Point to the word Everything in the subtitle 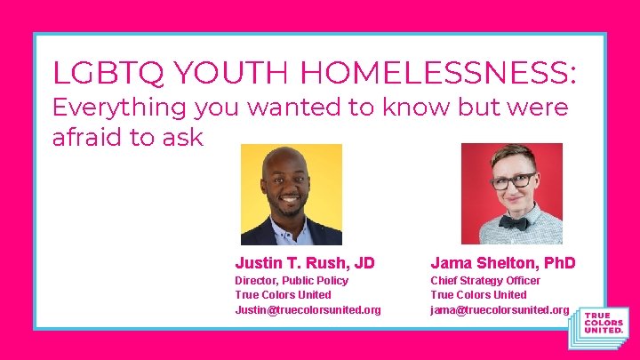(x=120, y=108)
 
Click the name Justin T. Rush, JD (x=305, y=263)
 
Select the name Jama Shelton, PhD (x=503, y=263)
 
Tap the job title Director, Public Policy (x=292, y=281)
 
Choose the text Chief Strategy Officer (x=485, y=281)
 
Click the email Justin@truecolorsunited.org (x=308, y=309)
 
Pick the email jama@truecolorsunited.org (x=500, y=309)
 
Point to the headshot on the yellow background (x=292, y=194)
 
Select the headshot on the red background (x=512, y=194)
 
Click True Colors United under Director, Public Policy (x=283, y=295)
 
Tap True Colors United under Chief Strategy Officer (x=478, y=295)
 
